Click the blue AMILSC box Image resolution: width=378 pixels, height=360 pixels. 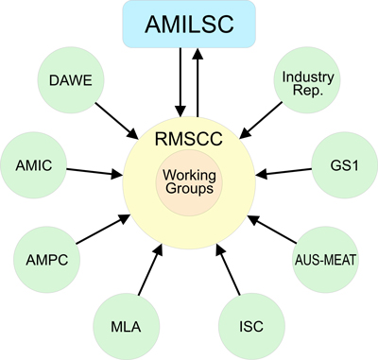189,26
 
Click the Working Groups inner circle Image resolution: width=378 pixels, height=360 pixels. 189,182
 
